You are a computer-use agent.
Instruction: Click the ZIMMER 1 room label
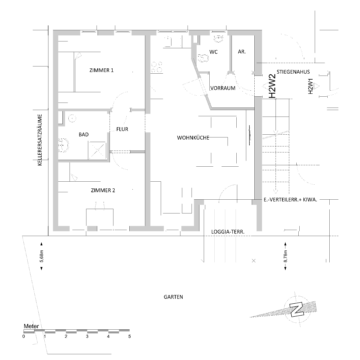point(101,71)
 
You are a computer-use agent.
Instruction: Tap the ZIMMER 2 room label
point(102,190)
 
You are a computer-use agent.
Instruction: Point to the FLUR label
point(121,129)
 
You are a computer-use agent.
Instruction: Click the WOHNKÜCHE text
point(192,136)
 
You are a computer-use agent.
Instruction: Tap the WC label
point(214,52)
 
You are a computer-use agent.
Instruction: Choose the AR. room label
point(241,52)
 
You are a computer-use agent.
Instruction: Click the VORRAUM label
point(223,87)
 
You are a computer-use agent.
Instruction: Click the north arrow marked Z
point(296,309)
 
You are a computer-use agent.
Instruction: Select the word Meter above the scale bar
point(32,326)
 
